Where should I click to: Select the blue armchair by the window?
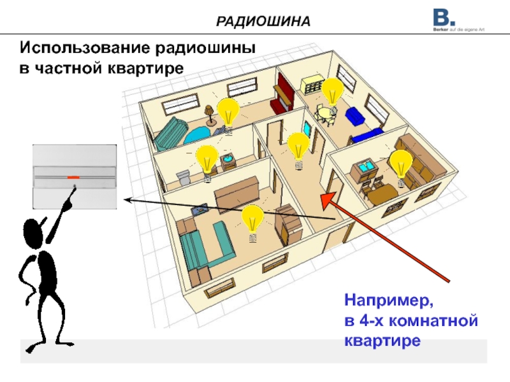pyautogui.click(x=355, y=117)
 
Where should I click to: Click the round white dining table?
pyautogui.click(x=327, y=114)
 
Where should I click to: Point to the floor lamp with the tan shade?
pyautogui.click(x=210, y=113)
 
